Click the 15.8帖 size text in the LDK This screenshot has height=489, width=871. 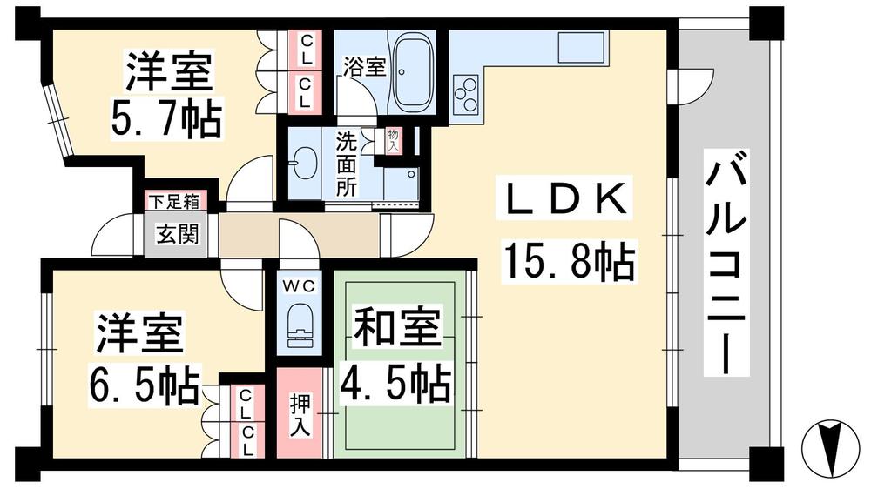[x=567, y=261]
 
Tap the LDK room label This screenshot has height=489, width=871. [x=561, y=202]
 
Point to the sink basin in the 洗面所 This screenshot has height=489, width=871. [x=305, y=162]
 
